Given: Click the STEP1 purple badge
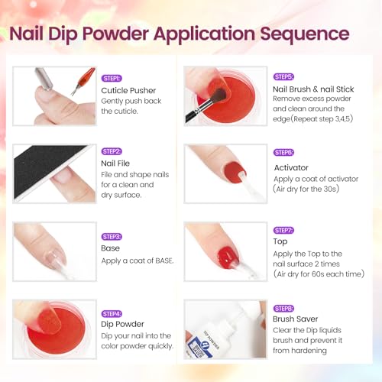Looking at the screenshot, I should coord(112,78).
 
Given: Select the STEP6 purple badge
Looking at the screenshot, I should coord(284,152).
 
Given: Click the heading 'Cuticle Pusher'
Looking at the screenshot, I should coord(128,90).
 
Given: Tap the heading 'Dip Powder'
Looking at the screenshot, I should coord(123,324).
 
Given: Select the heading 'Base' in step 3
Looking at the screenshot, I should coord(111,248).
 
